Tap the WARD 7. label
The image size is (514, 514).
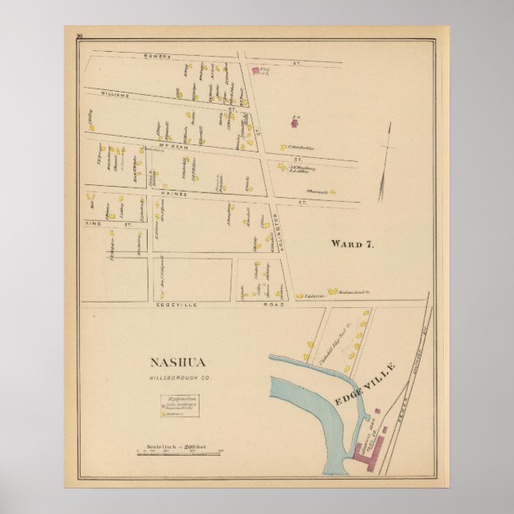pos(352,244)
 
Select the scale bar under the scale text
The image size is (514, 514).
pos(179,454)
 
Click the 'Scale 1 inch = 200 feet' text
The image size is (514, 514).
pos(179,446)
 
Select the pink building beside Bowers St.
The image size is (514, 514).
pos(258,71)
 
